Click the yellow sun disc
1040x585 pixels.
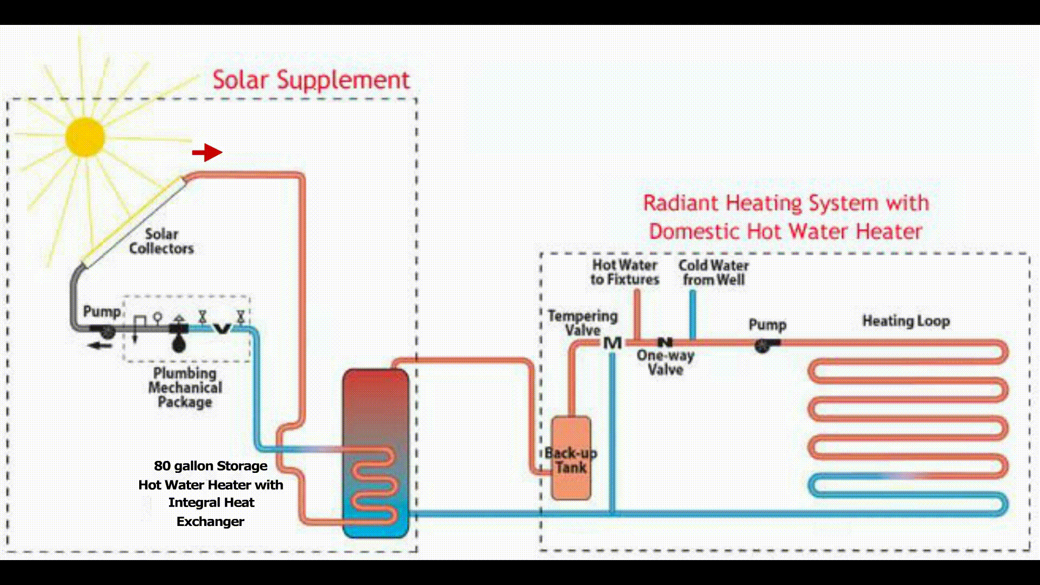85,137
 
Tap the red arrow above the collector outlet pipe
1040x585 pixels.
207,152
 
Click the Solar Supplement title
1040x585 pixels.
311,80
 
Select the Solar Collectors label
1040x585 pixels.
161,242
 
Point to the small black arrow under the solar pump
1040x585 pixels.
100,346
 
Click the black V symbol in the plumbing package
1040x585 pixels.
222,328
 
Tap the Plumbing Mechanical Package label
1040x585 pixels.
185,388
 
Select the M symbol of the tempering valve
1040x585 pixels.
612,343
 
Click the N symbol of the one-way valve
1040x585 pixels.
665,342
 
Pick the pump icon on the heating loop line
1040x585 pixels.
764,345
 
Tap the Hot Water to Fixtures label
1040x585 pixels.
625,272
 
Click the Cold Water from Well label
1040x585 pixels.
713,272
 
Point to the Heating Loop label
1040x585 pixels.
906,321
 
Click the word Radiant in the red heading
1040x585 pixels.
680,204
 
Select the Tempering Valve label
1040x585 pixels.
582,323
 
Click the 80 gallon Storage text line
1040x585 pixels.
211,466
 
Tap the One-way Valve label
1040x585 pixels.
665,362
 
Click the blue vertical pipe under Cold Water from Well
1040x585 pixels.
692,314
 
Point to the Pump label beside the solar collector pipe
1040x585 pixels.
101,311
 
